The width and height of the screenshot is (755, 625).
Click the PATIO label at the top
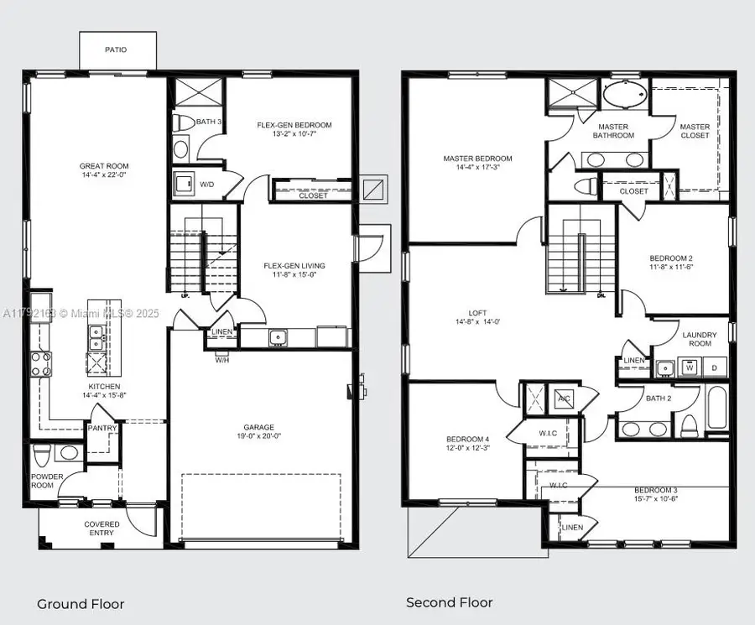(x=116, y=49)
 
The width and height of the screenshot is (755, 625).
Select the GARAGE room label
(x=259, y=427)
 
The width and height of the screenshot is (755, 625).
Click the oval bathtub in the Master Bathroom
(x=625, y=95)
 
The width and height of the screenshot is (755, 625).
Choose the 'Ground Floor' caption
(x=81, y=604)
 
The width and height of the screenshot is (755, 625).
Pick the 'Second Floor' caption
(x=450, y=602)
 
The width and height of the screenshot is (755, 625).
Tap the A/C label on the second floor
(x=564, y=399)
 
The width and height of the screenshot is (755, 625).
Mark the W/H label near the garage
(x=221, y=360)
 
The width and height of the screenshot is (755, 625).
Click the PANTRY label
(x=102, y=428)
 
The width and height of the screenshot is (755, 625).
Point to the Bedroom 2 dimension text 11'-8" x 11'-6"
(x=671, y=268)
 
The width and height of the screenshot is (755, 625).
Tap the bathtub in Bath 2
(x=718, y=411)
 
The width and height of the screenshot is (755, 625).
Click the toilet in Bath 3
(x=180, y=122)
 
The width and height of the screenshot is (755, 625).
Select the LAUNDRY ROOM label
(x=699, y=339)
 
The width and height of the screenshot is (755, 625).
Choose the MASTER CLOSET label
(x=695, y=131)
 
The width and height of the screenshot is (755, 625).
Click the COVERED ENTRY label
(x=102, y=529)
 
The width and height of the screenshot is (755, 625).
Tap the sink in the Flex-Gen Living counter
(x=277, y=337)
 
